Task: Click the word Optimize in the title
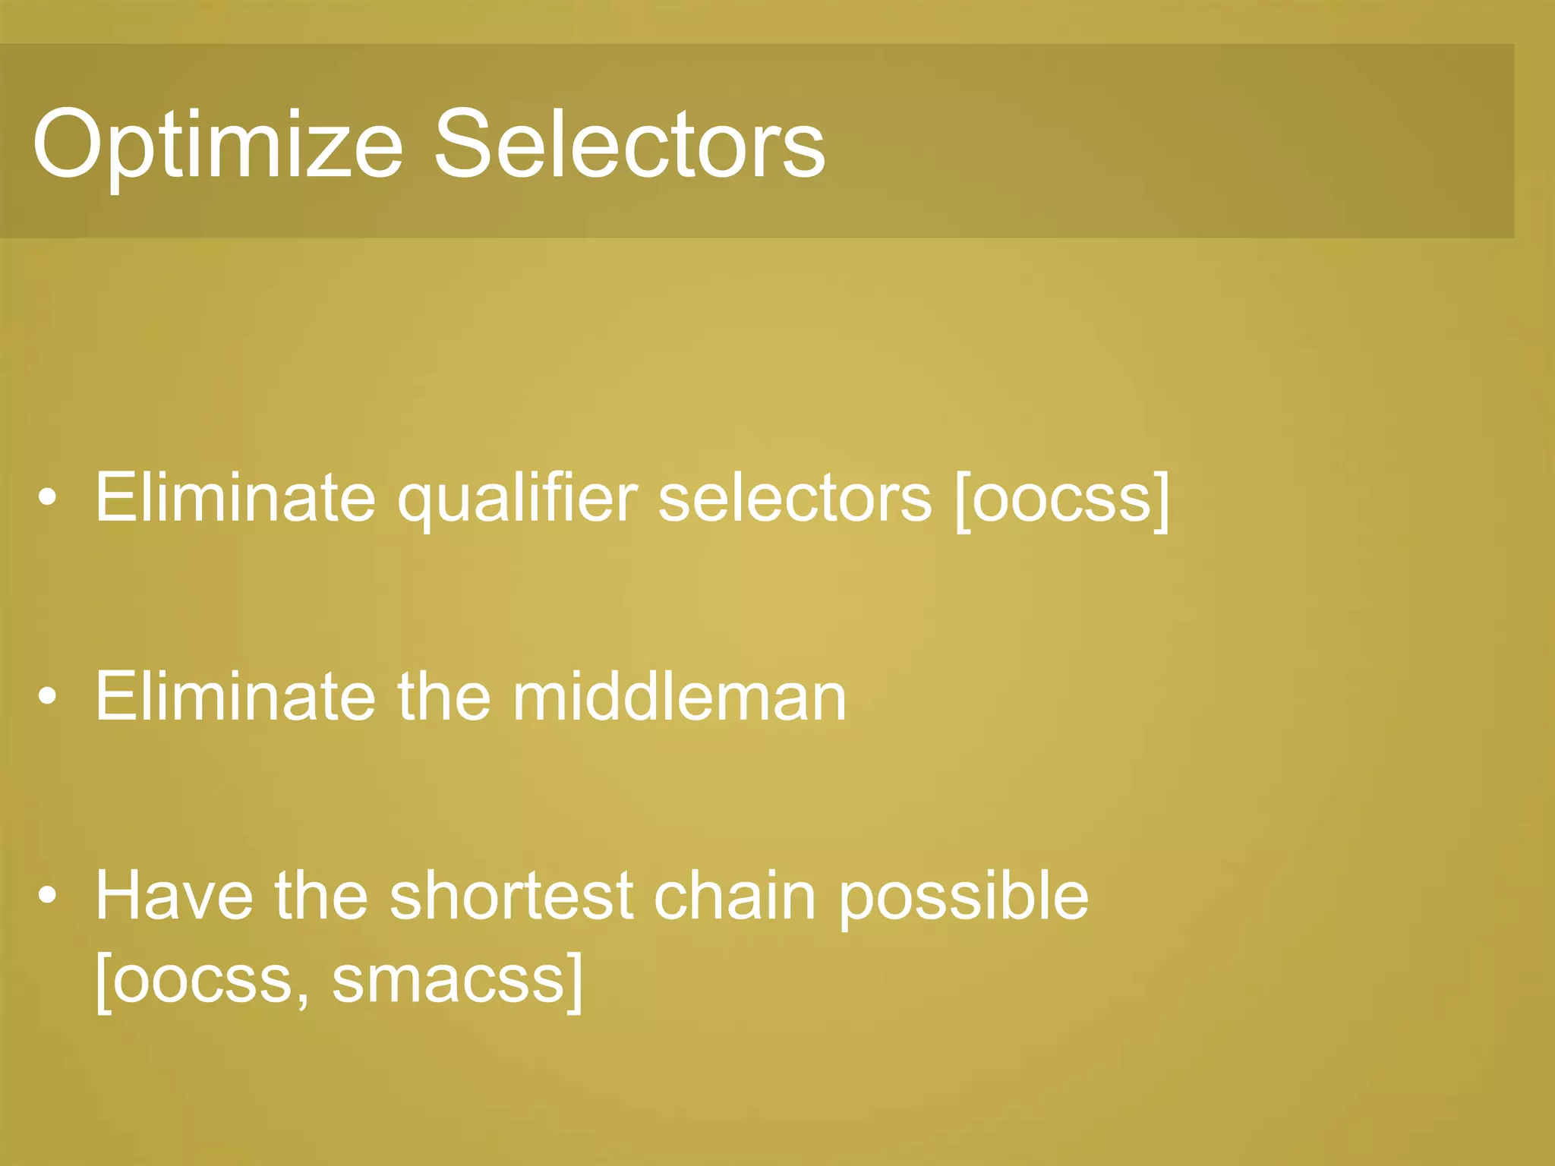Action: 216,144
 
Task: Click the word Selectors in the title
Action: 629,144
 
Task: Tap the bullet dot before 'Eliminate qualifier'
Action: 48,499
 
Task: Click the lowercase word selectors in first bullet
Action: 794,499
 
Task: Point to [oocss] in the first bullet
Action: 1062,499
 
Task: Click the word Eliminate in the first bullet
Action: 235,499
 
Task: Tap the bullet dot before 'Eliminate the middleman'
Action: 48,697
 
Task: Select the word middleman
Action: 679,697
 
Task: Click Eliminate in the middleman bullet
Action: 235,697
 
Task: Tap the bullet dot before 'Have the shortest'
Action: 48,896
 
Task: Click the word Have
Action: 174,896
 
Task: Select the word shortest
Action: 511,896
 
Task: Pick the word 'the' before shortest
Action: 321,896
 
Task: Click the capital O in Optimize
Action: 66,144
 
